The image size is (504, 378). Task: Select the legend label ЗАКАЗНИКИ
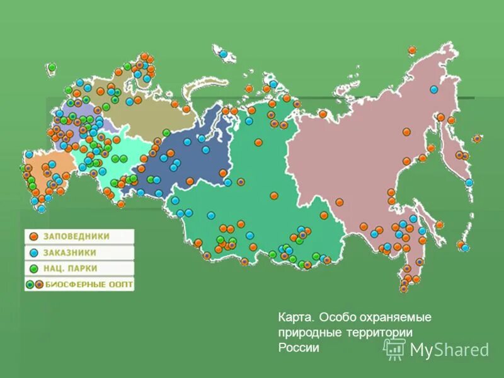coord(70,253)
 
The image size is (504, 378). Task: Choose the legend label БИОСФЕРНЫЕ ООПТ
coord(88,285)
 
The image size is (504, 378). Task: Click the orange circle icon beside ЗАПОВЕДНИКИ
coord(34,237)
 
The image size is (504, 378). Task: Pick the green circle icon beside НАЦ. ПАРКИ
coord(34,269)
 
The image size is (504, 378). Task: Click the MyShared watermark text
coord(449,350)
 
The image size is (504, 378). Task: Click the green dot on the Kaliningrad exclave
coord(52,67)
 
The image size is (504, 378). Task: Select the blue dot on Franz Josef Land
coord(223,54)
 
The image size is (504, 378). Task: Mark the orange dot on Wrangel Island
coord(412,50)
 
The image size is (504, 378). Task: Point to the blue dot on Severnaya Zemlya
coord(273,83)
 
